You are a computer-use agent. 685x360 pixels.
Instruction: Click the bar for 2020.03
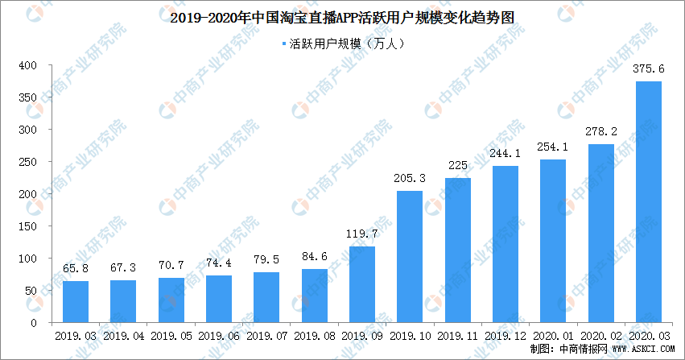click(648, 202)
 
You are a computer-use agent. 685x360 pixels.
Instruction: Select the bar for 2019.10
click(409, 257)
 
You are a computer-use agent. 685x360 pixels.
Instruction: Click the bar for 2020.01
click(552, 241)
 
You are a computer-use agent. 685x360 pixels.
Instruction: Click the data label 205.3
click(409, 179)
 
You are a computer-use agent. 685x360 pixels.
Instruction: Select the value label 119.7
click(361, 234)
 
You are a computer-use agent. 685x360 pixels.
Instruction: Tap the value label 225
click(457, 167)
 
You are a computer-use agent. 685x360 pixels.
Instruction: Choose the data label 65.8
click(75, 269)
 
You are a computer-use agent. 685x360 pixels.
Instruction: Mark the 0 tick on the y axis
click(35, 323)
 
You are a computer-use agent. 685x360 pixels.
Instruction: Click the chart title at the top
click(342, 15)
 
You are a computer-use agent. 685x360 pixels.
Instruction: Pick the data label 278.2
click(600, 132)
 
